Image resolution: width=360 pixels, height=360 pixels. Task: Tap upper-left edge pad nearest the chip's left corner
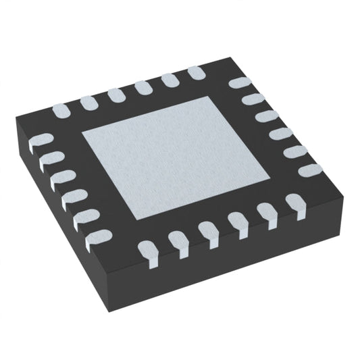[59, 108]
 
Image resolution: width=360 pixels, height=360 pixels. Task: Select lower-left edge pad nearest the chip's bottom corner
[98, 236]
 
